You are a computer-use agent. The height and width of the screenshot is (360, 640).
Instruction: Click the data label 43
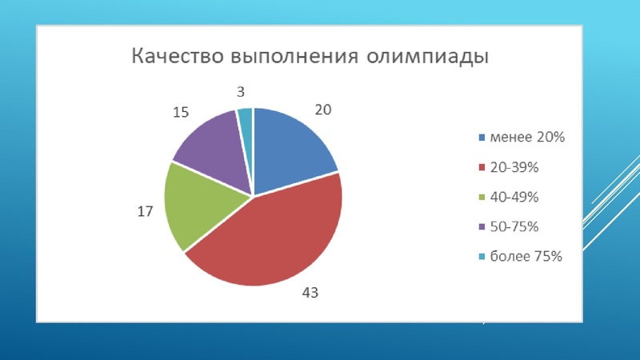[x=310, y=293]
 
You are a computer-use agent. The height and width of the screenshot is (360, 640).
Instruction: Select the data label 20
[x=322, y=110]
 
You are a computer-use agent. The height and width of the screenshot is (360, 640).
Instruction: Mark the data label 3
[x=241, y=92]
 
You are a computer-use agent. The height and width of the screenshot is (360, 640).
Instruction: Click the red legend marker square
[x=482, y=168]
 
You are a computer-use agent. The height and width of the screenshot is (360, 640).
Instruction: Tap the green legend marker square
[x=482, y=198]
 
